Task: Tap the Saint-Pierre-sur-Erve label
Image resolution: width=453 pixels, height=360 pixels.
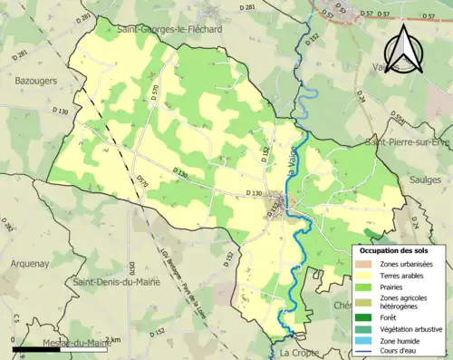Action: tap(407, 142)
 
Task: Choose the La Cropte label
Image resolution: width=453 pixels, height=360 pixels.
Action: tap(295, 352)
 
